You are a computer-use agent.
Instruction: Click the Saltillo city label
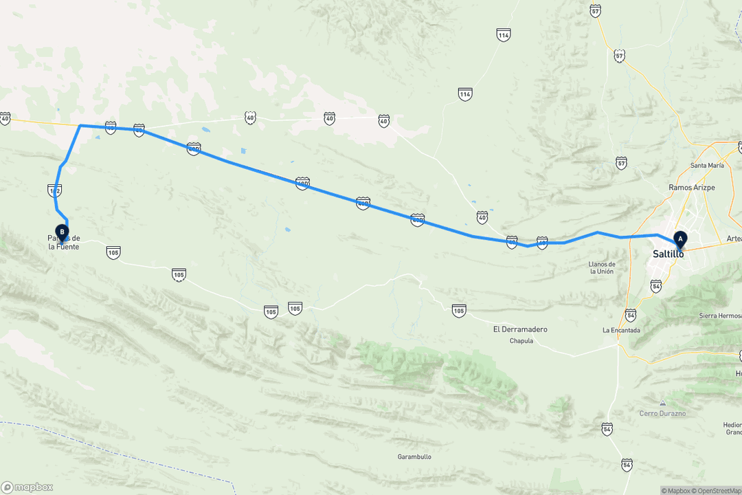tap(668, 254)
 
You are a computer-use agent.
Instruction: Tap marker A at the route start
tap(681, 239)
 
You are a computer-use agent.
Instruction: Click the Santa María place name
tap(707, 166)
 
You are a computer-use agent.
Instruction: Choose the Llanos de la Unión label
tap(602, 267)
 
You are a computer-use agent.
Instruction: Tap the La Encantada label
tap(621, 330)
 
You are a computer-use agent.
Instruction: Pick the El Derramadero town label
tap(520, 329)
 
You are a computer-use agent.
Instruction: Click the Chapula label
tap(521, 341)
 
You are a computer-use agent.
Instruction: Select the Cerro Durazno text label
tap(662, 412)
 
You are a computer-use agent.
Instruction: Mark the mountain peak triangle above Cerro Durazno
tap(662, 403)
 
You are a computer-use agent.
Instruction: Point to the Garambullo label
tap(414, 456)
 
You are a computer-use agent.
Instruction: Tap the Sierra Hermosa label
tap(719, 316)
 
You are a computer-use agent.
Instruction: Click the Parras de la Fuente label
tap(64, 242)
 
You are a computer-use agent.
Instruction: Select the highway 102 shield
tap(55, 189)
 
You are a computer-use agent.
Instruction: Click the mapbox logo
tap(27, 487)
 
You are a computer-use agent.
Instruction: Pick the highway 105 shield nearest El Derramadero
tap(459, 310)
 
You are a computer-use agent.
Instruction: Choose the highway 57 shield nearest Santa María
tap(622, 163)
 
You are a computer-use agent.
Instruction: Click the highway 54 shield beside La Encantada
tap(631, 314)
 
